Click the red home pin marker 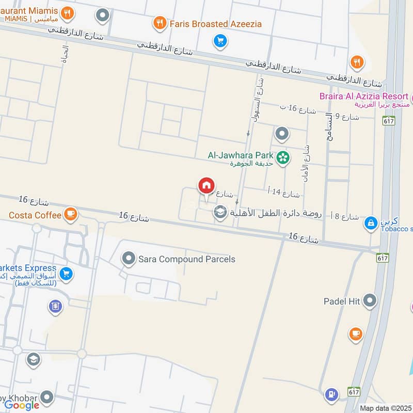tap(206, 185)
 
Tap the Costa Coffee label tap(35, 214)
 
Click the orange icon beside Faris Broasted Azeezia tap(160, 23)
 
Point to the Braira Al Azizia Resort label tap(363, 96)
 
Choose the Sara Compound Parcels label tap(187, 259)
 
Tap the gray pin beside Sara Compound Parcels tap(128, 258)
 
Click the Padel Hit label tap(341, 301)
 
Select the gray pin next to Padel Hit tap(369, 300)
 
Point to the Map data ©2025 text tap(386, 408)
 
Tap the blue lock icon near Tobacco tap(370, 223)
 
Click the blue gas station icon tap(331, 395)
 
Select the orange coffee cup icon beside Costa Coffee tap(71, 214)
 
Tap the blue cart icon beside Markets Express tap(66, 274)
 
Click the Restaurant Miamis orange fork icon tap(66, 12)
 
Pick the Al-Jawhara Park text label tap(241, 154)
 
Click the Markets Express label tap(28, 268)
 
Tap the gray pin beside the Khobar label tap(47, 397)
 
